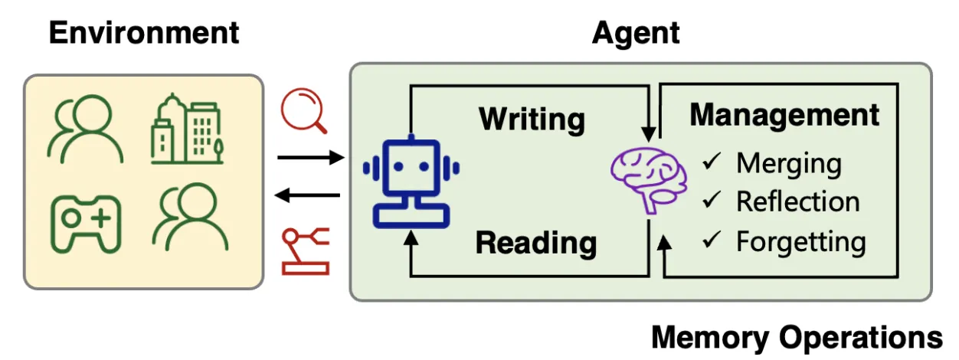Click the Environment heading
point(144,33)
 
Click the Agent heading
point(635,33)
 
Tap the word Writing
point(532,119)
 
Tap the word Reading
point(535,243)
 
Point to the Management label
point(784,115)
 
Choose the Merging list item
point(788,163)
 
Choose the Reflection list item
point(797,201)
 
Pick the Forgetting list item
point(800,242)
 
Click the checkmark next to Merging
point(713,162)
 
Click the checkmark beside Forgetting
point(713,241)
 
